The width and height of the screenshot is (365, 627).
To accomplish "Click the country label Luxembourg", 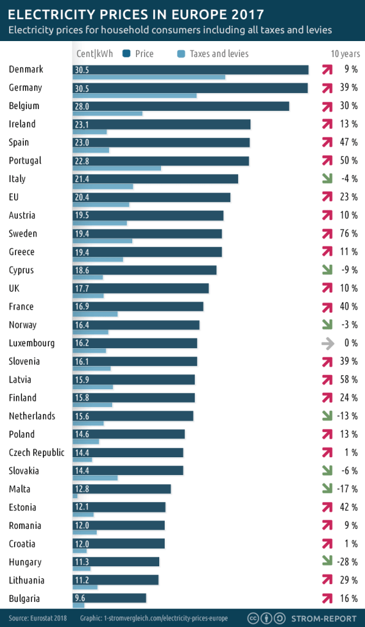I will (x=32, y=343).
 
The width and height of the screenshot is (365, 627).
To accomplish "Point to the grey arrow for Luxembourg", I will (x=328, y=343).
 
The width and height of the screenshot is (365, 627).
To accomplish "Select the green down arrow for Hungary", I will (x=328, y=562).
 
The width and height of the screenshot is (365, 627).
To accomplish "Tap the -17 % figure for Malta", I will (x=347, y=489).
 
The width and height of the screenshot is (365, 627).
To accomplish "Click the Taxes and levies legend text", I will (x=219, y=54).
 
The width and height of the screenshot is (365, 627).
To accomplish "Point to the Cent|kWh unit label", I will (x=96, y=54).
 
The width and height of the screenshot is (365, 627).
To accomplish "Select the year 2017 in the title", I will (x=245, y=13).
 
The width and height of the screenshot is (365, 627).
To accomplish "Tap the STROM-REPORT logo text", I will (x=325, y=618).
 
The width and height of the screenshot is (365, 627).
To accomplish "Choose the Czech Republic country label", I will (x=37, y=453).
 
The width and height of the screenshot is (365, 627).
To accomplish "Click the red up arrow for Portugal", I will (x=328, y=161).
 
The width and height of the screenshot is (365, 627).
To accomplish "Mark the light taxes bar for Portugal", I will (x=116, y=168).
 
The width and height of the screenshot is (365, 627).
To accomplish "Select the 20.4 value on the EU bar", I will (x=81, y=197).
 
